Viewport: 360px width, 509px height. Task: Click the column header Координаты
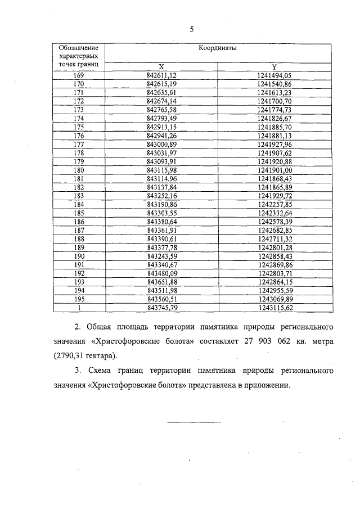(x=217, y=48)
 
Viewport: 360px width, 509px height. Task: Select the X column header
(x=162, y=66)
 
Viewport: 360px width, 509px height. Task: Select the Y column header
(x=274, y=66)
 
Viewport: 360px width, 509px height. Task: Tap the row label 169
(x=79, y=75)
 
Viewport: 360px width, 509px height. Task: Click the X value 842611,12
(x=162, y=75)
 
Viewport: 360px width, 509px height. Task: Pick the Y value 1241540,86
(x=274, y=83)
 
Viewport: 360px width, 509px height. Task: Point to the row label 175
(x=79, y=128)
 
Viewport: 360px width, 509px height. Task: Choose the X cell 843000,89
(x=162, y=145)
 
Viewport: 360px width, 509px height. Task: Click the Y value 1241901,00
(x=274, y=171)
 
